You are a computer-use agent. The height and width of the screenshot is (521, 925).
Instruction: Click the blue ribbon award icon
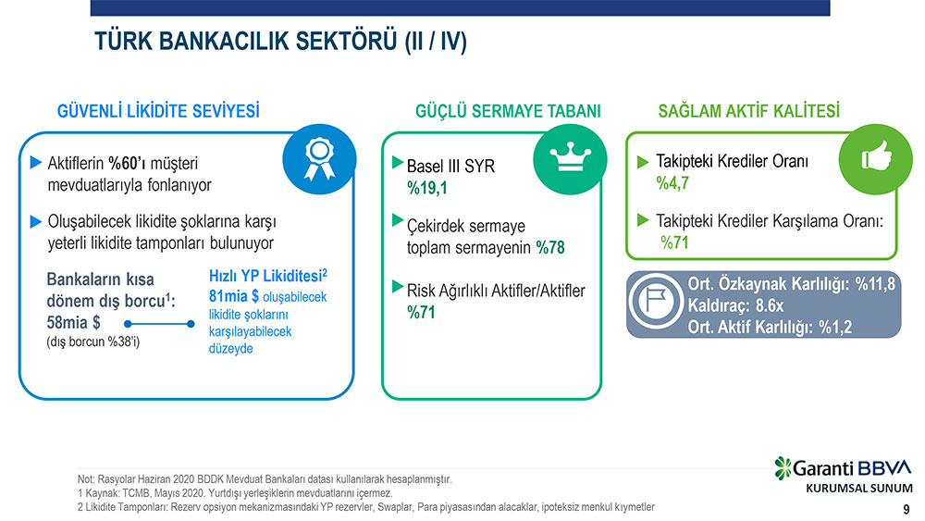(x=319, y=159)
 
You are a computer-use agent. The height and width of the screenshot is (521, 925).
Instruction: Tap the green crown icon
(x=570, y=159)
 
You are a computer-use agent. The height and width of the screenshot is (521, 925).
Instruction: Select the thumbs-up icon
(x=875, y=159)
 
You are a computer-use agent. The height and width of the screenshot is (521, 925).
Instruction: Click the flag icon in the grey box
(x=656, y=301)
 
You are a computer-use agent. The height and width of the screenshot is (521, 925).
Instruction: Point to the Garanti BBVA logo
(x=844, y=468)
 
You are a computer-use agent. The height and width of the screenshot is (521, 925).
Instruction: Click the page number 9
(x=906, y=509)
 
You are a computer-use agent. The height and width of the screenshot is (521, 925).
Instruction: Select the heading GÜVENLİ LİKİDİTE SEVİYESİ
(x=158, y=111)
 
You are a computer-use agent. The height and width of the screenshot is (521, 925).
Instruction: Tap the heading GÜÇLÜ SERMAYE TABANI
(x=508, y=111)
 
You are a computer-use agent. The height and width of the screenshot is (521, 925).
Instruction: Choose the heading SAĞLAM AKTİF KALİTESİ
(x=748, y=111)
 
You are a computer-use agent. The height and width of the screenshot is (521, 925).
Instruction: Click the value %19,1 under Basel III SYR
(x=427, y=188)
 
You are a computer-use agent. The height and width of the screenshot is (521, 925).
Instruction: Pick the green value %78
(x=550, y=247)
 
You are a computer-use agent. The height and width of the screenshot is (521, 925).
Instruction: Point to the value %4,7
(x=672, y=183)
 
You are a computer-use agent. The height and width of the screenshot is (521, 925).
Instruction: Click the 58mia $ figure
(x=73, y=323)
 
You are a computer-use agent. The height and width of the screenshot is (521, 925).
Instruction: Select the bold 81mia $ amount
(x=234, y=295)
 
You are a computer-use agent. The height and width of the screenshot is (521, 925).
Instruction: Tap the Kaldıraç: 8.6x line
(x=735, y=305)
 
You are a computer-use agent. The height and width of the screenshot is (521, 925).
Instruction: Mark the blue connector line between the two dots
(x=159, y=324)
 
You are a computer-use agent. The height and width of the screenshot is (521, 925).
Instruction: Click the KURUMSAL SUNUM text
(x=859, y=489)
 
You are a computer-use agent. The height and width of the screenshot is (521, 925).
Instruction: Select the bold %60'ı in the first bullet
(x=127, y=163)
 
